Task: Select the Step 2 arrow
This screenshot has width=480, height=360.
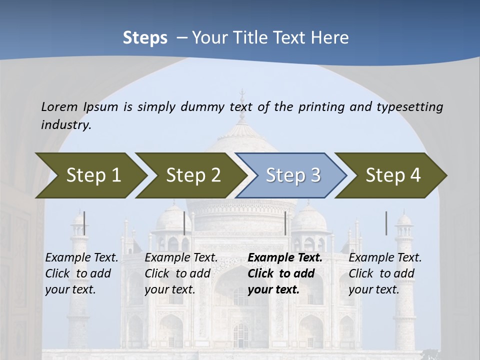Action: point(192,175)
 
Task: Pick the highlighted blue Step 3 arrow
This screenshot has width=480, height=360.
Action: point(292,175)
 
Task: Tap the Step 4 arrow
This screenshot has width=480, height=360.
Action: point(392,175)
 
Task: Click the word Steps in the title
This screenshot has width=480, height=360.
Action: point(145,38)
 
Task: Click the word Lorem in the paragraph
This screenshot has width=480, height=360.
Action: point(59,106)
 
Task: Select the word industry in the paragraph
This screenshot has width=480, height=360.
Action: point(65,125)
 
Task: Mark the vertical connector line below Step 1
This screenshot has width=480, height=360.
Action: point(84,223)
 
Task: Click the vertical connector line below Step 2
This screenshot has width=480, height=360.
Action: point(184,223)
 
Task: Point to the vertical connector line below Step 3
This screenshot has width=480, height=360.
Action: point(285,223)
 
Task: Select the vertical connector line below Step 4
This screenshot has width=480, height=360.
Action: point(386,223)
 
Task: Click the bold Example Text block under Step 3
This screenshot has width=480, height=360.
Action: point(285,273)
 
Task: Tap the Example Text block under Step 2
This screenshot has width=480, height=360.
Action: point(181,273)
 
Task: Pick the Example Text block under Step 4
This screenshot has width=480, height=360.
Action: point(385,273)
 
